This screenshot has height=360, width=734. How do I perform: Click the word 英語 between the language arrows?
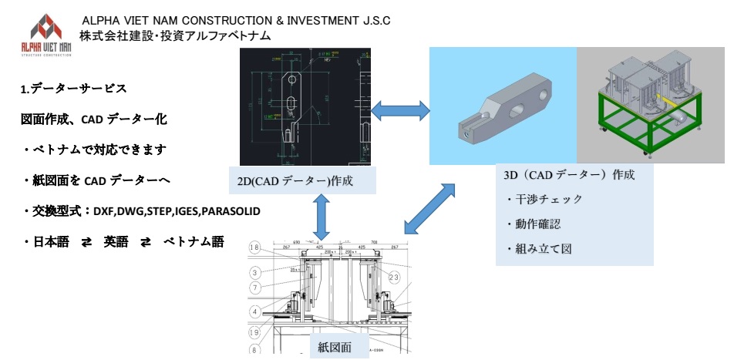coord(117,241)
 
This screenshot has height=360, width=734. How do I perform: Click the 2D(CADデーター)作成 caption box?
coord(302,180)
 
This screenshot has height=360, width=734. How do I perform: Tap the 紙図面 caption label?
coord(335,348)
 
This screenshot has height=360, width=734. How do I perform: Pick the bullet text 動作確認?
coord(540,224)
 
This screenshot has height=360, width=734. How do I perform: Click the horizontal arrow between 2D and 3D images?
coord(400,110)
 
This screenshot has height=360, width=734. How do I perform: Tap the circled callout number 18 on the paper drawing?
coord(255,247)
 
